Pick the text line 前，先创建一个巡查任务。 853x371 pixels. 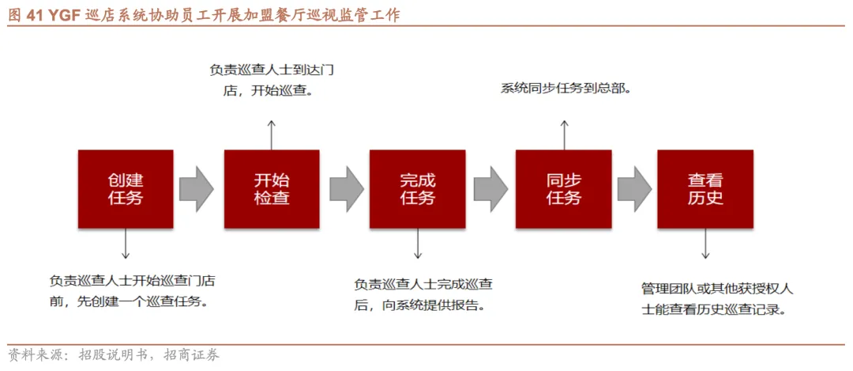tap(131, 301)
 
